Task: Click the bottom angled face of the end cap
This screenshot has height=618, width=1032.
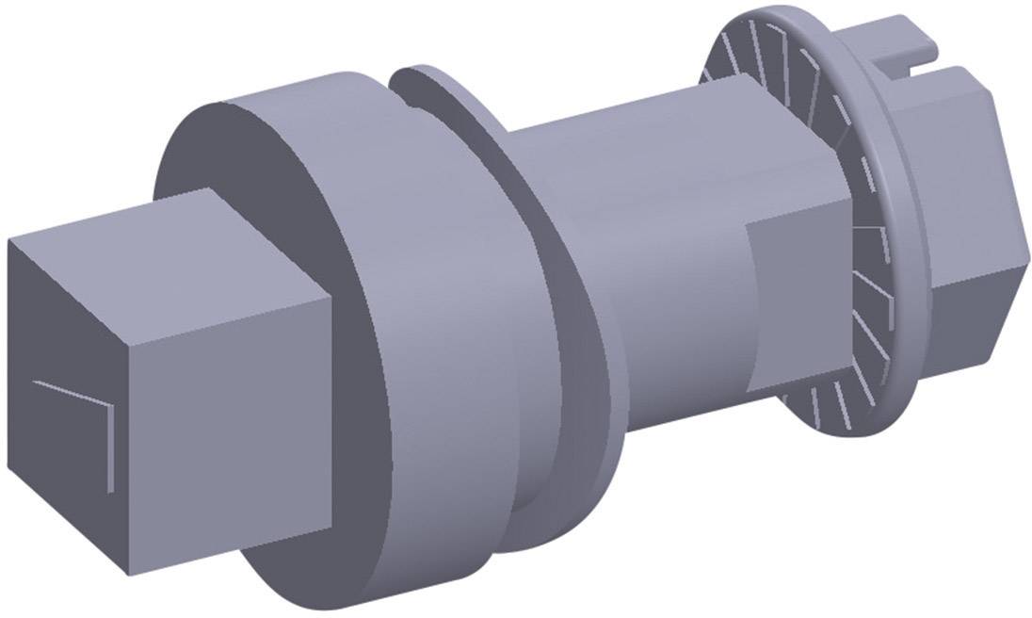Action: point(970,301)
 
